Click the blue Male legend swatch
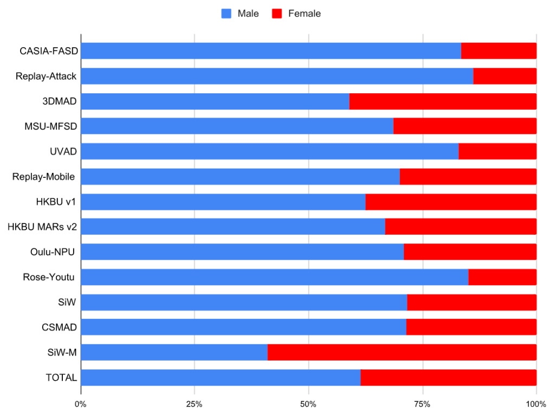[x=227, y=14]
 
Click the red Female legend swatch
[x=276, y=14]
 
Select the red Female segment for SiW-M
[x=402, y=352]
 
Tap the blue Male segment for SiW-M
[x=174, y=352]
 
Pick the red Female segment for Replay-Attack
[x=505, y=76]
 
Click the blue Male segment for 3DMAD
[x=215, y=101]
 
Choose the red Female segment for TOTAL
[x=448, y=377]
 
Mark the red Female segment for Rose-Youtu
[x=502, y=277]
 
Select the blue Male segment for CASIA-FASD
[x=271, y=51]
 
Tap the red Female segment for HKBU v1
[x=451, y=202]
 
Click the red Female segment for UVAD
[x=497, y=152]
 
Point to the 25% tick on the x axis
[x=195, y=404]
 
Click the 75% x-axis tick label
[x=422, y=404]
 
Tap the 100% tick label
[x=535, y=404]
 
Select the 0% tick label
[x=81, y=404]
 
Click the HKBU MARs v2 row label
[x=42, y=227]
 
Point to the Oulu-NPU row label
[x=53, y=252]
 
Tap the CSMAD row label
[x=59, y=327]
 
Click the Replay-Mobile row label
[x=43, y=177]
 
